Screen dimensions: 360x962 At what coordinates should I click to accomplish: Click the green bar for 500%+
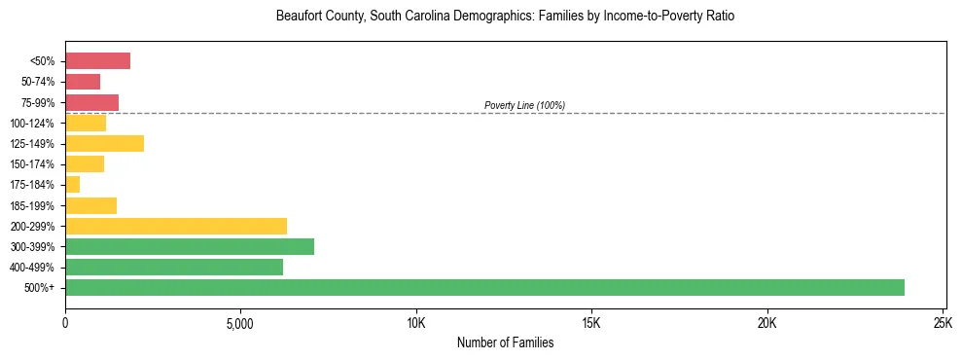[x=484, y=287]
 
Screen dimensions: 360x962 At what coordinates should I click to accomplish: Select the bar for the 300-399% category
[x=190, y=246]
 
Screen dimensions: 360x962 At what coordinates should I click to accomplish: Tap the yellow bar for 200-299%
[x=176, y=226]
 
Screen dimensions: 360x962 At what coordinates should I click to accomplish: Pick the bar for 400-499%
[x=174, y=267]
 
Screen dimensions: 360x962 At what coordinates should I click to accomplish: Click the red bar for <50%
[x=97, y=61]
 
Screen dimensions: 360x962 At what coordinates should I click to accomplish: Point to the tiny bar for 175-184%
[x=73, y=184]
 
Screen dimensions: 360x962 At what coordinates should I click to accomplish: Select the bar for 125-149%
[x=104, y=143]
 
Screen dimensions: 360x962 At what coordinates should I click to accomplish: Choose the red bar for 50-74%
[x=83, y=82]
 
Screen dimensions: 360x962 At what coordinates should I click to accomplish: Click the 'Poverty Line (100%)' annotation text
[x=524, y=105]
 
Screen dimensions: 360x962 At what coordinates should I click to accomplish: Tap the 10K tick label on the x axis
[x=416, y=323]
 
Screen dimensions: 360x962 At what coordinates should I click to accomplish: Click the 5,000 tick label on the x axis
[x=240, y=323]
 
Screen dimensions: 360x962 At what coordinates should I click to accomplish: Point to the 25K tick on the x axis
[x=943, y=323]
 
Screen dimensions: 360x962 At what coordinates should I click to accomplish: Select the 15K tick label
[x=591, y=323]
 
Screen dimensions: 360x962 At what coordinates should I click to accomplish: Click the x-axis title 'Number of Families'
[x=505, y=342]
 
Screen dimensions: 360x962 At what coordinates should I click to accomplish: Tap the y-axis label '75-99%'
[x=40, y=102]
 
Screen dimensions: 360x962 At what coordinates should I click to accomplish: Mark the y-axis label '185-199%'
[x=36, y=205]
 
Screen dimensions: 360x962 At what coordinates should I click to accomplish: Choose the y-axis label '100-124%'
[x=36, y=123]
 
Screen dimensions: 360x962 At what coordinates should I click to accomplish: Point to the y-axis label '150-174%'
[x=36, y=164]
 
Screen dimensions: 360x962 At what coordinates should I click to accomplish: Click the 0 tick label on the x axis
[x=65, y=323]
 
